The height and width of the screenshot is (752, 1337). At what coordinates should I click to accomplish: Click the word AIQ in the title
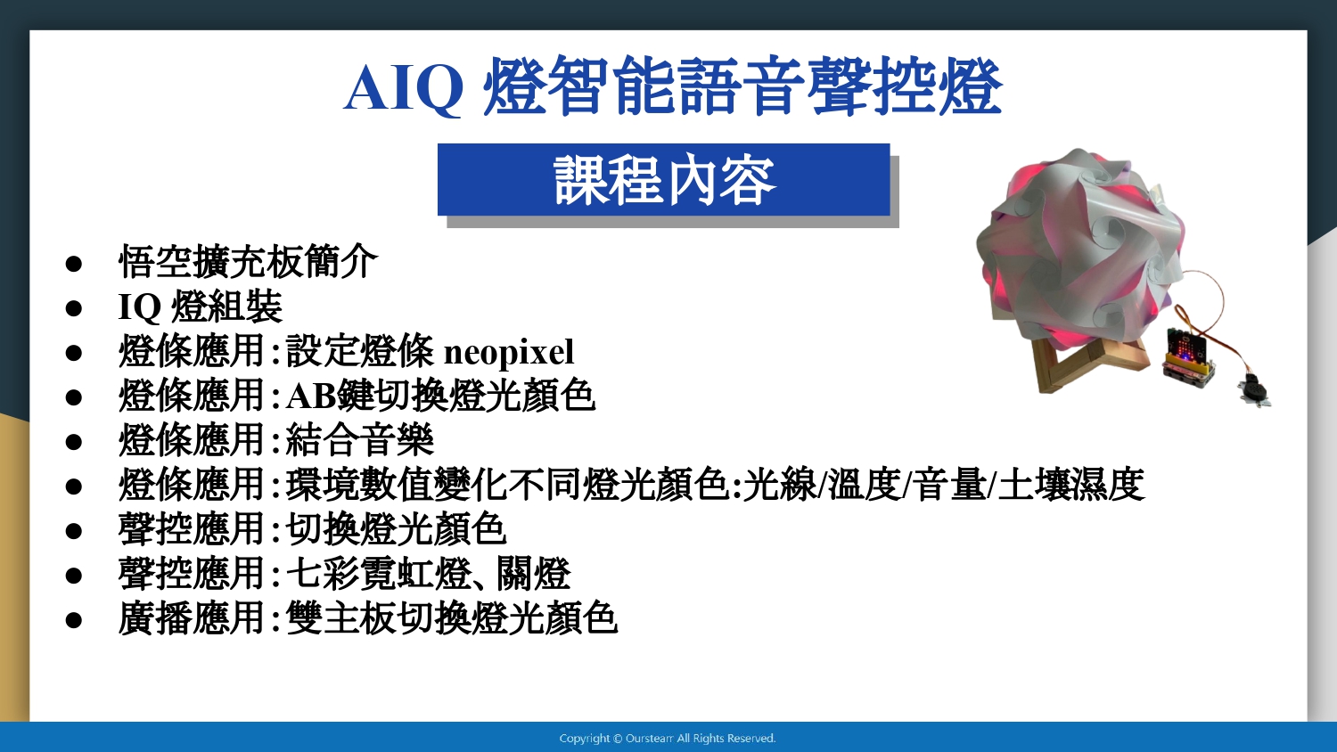click(x=404, y=88)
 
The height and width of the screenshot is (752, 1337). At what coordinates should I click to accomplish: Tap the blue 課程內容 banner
click(x=664, y=180)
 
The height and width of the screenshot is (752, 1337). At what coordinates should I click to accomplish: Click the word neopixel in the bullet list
click(x=509, y=352)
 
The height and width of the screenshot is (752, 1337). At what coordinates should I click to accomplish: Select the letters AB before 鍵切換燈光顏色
click(x=311, y=396)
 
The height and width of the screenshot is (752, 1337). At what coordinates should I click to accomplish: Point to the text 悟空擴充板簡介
click(x=249, y=261)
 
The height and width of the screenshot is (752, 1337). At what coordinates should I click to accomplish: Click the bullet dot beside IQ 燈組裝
click(x=73, y=308)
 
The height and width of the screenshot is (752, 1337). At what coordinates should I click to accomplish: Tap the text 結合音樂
click(x=360, y=440)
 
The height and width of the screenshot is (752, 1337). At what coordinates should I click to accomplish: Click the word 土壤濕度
click(x=1070, y=484)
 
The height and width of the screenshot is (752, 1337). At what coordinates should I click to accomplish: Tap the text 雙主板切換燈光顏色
click(x=452, y=618)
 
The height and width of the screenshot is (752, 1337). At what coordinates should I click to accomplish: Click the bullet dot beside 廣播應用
click(x=73, y=620)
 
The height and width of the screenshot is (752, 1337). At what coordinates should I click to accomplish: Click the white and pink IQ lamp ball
click(x=1080, y=248)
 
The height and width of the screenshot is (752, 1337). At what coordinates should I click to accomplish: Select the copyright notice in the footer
click(x=668, y=739)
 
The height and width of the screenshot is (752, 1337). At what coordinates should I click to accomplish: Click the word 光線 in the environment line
click(x=780, y=484)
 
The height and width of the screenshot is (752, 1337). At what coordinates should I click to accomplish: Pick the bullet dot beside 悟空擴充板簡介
click(x=73, y=264)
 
